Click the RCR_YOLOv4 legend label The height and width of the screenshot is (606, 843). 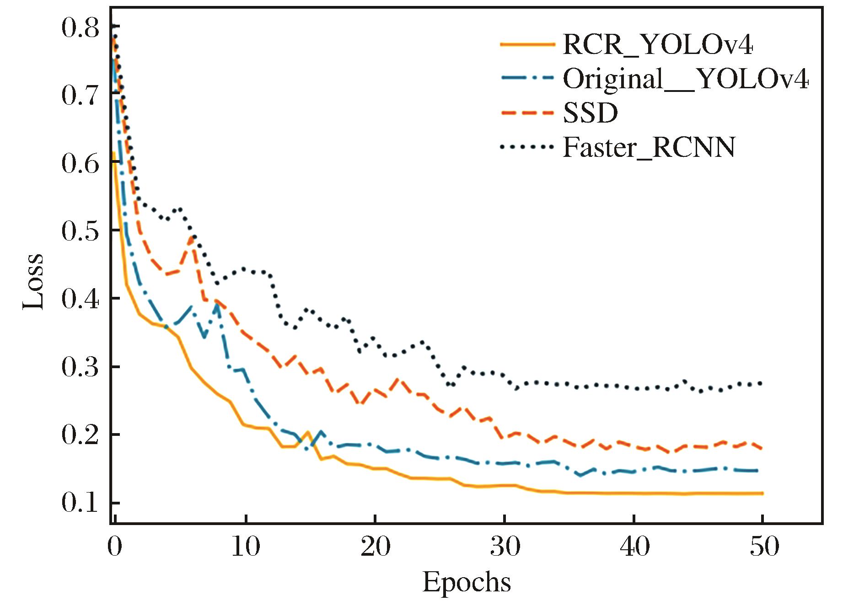[x=657, y=45]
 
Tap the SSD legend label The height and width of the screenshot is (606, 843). [x=590, y=113]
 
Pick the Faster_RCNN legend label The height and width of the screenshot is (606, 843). [x=649, y=147]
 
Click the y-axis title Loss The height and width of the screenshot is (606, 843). [x=34, y=281]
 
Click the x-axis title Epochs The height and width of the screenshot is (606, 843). [x=467, y=583]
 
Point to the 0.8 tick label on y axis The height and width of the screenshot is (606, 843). [x=80, y=28]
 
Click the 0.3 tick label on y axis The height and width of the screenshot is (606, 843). [x=80, y=367]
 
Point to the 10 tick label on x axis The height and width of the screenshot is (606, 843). [x=246, y=546]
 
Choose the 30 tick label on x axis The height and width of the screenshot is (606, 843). [x=505, y=546]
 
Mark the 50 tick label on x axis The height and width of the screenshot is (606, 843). [x=764, y=546]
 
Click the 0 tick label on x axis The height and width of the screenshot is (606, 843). [x=115, y=546]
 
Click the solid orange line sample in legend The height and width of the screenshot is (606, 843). [x=527, y=45]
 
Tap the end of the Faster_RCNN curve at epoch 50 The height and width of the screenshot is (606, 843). [x=762, y=383]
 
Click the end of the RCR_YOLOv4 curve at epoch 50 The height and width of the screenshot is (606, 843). [x=762, y=493]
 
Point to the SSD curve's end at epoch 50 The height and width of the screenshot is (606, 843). [x=762, y=448]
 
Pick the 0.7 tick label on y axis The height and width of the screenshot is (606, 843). [x=80, y=96]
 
